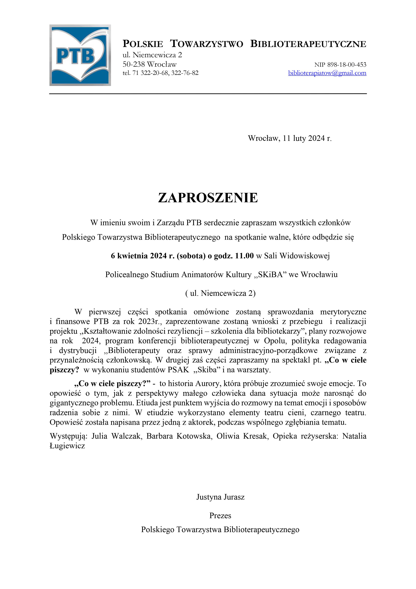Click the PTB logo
pos(80,55)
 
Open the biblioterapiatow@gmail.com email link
pos(327,73)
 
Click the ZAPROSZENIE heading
pos(208,198)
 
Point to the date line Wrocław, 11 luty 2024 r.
pos(290,138)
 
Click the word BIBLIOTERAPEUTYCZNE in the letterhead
pos(308,44)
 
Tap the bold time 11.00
pos(244,256)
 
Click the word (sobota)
pos(191,256)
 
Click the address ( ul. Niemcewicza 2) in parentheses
pos(220,293)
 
